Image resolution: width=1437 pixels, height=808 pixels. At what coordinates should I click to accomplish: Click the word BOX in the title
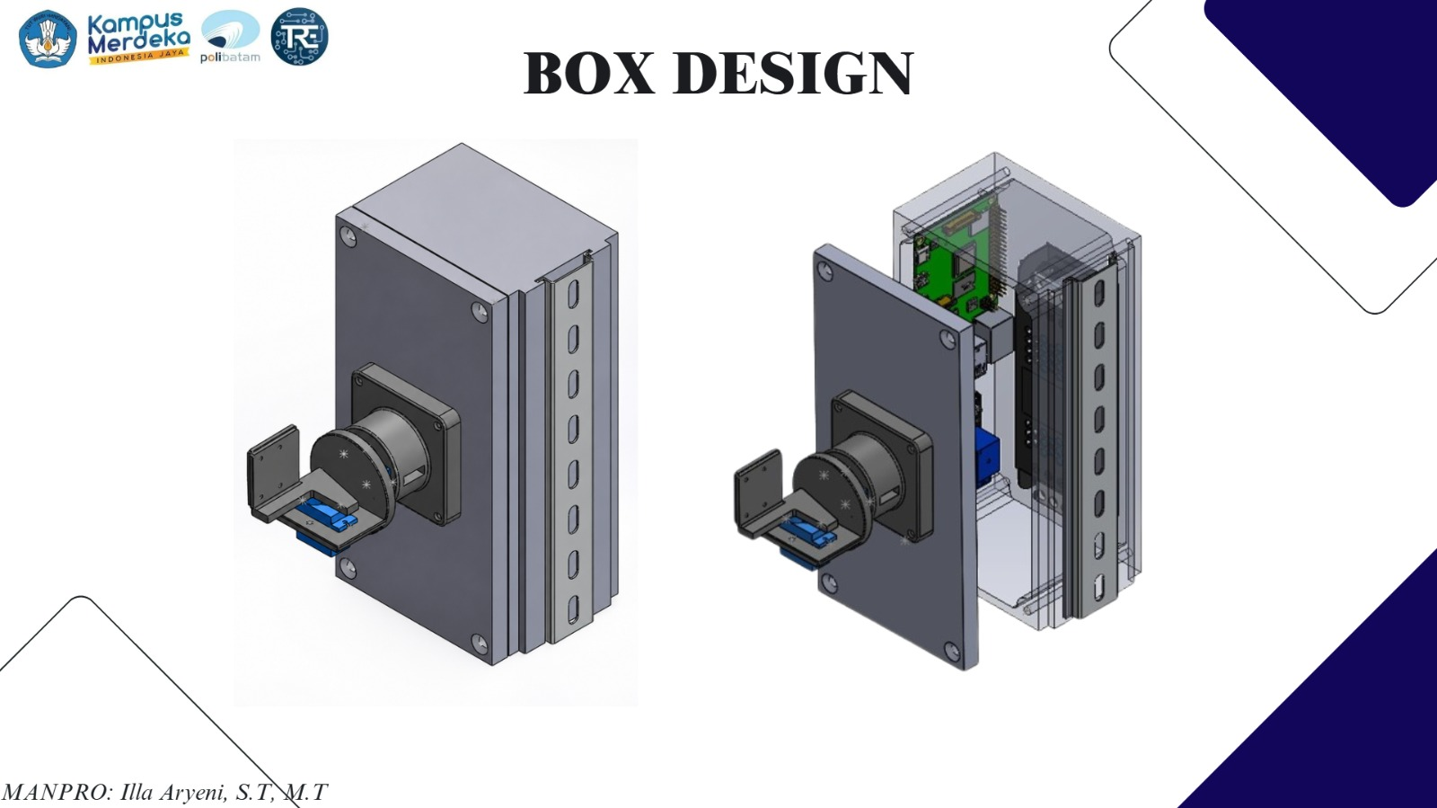click(x=589, y=73)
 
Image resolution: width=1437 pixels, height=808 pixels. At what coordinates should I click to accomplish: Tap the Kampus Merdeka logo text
click(x=138, y=37)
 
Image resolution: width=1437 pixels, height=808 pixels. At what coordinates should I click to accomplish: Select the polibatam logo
click(x=230, y=37)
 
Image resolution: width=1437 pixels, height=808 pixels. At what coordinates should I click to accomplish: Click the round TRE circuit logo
click(x=300, y=37)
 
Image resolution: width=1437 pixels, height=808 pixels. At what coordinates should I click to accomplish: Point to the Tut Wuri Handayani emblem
click(x=48, y=39)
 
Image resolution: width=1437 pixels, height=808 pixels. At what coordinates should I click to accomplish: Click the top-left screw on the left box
click(x=348, y=236)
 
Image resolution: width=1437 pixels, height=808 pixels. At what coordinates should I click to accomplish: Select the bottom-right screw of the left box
click(x=480, y=643)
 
